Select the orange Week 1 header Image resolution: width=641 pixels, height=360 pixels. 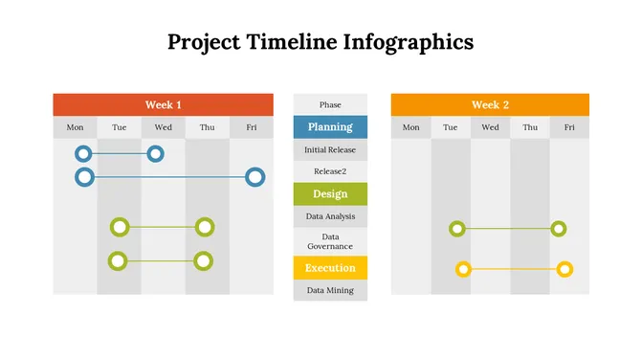(163, 104)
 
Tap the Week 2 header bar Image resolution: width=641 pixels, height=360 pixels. (490, 104)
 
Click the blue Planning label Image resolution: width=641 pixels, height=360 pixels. (330, 127)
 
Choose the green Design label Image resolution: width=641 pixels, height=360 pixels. (330, 194)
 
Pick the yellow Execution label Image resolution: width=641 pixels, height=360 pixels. (330, 268)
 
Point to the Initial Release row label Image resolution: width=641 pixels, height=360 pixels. (330, 150)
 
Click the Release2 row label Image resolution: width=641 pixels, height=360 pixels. (330, 171)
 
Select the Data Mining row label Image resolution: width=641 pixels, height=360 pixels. (330, 290)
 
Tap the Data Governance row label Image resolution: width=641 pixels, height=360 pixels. (330, 241)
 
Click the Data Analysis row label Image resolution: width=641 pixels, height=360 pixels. (330, 216)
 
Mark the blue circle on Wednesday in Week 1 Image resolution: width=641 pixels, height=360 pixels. (155, 153)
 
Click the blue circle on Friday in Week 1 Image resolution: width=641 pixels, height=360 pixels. (254, 176)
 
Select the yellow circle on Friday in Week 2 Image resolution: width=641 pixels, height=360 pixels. (564, 269)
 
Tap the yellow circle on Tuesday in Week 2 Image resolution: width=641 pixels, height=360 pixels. (463, 269)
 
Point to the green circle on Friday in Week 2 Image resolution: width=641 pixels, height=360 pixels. (559, 229)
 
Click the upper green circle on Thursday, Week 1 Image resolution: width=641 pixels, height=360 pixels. (204, 227)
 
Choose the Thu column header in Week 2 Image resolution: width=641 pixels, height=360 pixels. (529, 127)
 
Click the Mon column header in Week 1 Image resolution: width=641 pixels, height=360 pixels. (75, 127)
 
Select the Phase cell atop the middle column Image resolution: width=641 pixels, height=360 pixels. (330, 104)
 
